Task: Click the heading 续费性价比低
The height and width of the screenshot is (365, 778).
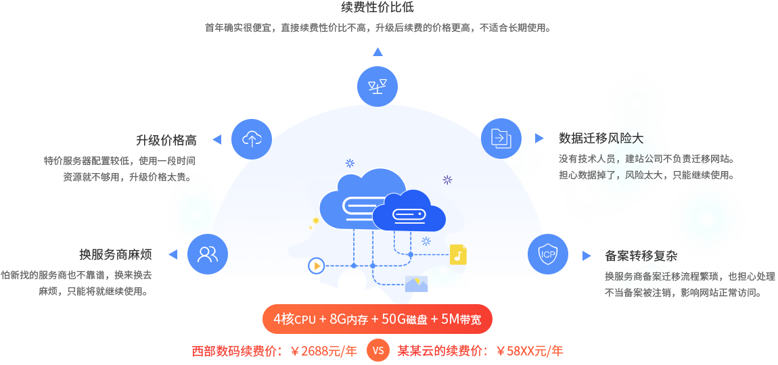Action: pos(377,7)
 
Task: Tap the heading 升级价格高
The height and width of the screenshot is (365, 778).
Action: pos(166,140)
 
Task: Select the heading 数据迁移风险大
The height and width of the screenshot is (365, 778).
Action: pos(601,139)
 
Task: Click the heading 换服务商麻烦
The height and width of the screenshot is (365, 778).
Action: pos(115,255)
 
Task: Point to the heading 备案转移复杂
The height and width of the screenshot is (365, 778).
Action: pos(640,256)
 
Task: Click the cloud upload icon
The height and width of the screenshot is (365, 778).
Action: pos(251,139)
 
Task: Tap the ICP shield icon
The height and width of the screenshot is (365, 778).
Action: pos(547,254)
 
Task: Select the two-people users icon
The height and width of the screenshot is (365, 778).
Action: pos(207,254)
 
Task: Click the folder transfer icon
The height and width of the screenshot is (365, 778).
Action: pos(501,139)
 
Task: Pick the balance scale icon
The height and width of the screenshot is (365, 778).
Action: pos(377,86)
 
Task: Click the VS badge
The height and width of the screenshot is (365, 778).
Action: pos(377,351)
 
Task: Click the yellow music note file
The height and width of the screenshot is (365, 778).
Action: pos(458,255)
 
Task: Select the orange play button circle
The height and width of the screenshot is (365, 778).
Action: pos(316,265)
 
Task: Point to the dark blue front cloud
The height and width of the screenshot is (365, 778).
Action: pos(409,211)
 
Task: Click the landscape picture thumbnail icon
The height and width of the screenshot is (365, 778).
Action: pos(416,283)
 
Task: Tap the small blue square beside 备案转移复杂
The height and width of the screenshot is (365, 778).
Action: pos(587,255)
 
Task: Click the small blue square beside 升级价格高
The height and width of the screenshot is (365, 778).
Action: pos(216,139)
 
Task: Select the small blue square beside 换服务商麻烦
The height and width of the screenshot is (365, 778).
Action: pos(173,254)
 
